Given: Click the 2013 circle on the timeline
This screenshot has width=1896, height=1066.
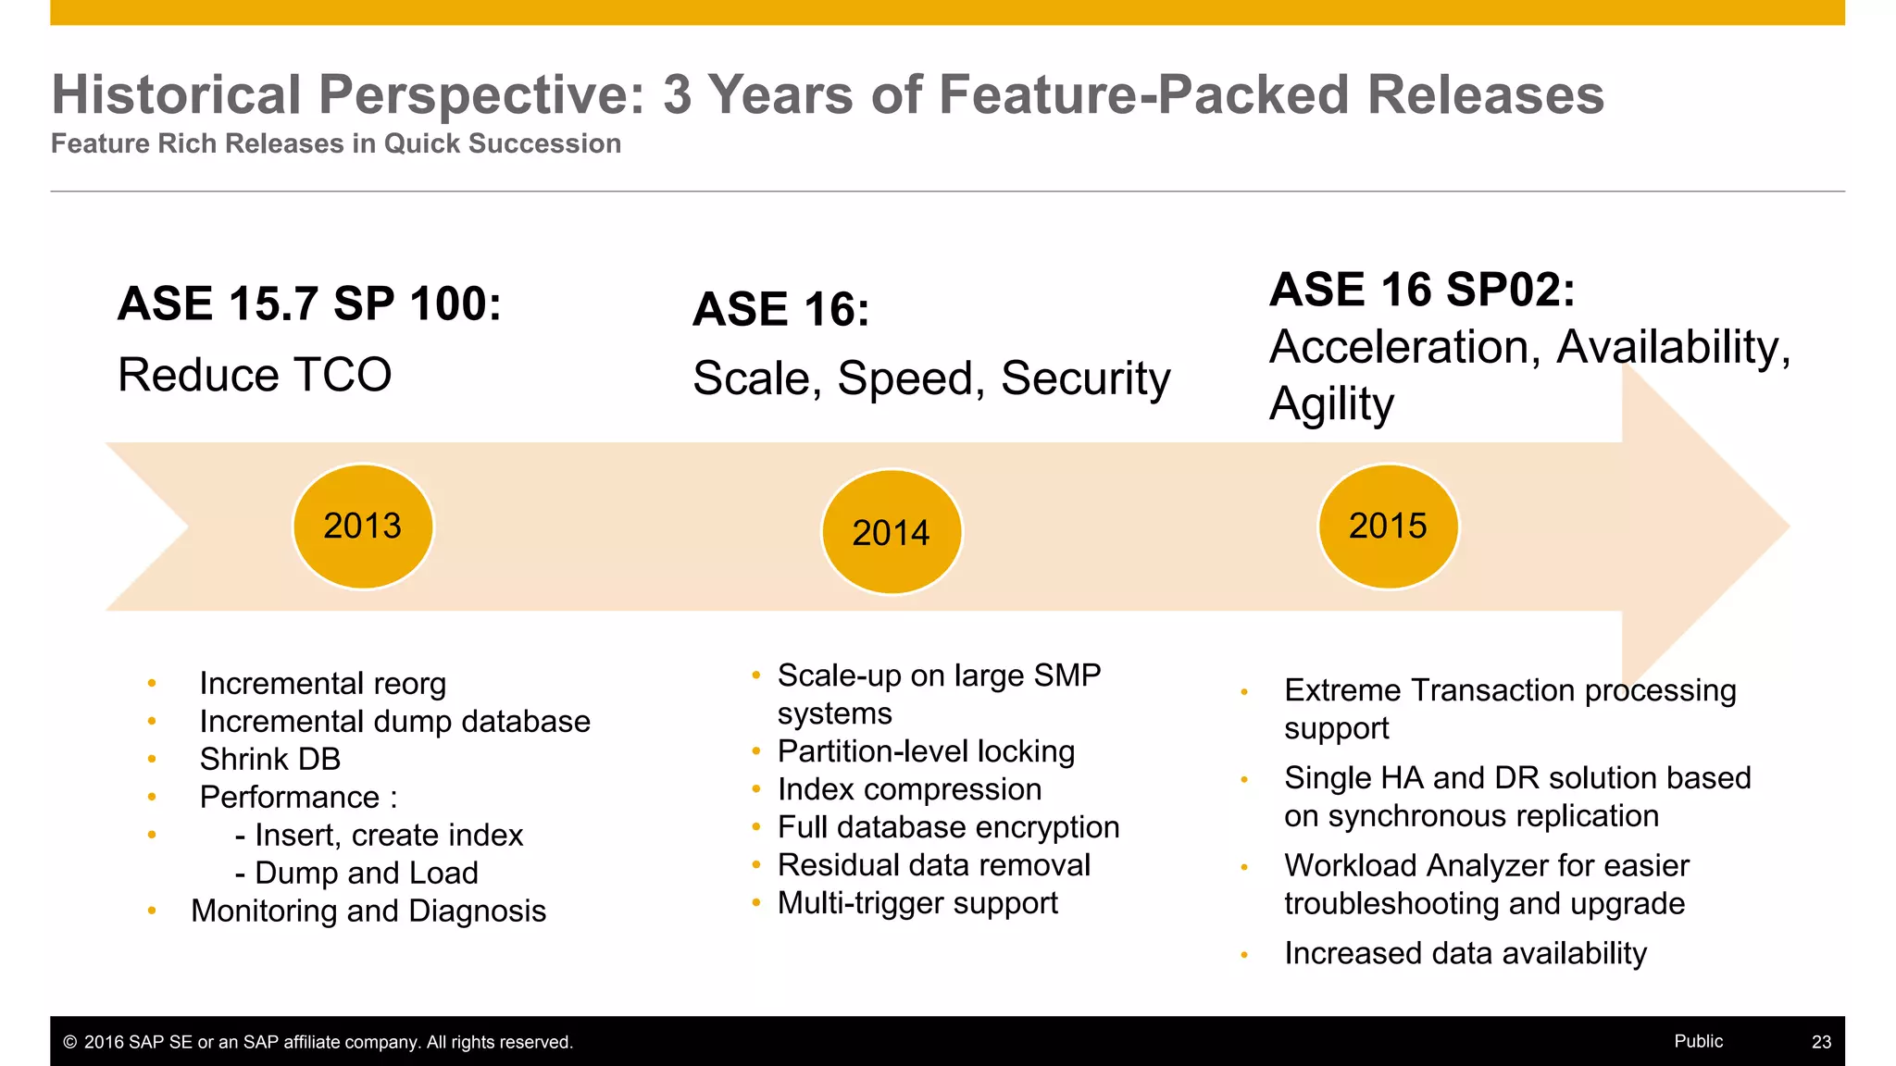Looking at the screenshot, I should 363,527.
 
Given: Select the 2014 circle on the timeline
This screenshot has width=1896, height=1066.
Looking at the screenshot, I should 892,532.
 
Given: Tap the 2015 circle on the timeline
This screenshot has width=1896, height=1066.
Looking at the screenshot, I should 1388,527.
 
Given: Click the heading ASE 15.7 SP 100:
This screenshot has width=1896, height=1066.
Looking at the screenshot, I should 309,304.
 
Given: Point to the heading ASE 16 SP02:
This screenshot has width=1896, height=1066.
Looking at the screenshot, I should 1422,290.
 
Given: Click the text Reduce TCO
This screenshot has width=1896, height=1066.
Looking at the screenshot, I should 255,375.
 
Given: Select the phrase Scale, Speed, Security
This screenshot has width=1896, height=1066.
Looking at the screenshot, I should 931,378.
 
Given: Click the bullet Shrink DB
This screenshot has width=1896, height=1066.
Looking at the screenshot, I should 270,759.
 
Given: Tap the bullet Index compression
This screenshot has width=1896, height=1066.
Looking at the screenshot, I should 909,789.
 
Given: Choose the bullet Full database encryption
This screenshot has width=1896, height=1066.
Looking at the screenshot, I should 948,827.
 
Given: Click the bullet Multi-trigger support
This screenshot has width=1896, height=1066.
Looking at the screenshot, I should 917,903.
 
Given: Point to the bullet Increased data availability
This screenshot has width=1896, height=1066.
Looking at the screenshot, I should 1466,953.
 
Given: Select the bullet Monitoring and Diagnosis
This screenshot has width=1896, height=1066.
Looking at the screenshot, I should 368,911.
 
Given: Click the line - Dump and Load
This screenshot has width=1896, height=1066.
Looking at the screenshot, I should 356,873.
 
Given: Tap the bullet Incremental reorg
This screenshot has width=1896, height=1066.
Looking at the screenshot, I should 322,684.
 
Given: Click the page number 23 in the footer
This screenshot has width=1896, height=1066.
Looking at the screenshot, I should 1821,1042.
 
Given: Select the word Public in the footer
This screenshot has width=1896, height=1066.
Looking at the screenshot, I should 1698,1041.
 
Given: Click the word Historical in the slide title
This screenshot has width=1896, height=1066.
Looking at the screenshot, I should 176,94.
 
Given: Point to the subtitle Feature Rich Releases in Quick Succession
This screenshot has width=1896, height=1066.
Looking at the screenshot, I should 336,143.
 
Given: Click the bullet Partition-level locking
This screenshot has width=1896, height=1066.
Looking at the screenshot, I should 926,751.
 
